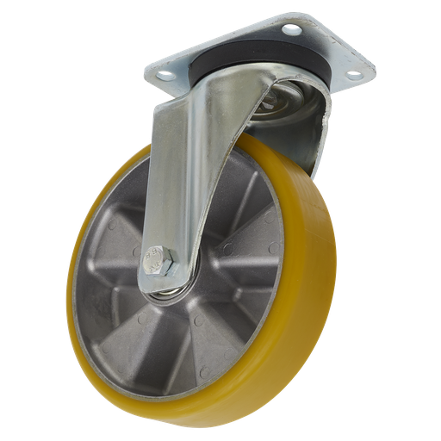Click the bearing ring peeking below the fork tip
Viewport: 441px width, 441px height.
click(168, 295)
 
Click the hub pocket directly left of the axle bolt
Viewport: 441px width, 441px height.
click(121, 258)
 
